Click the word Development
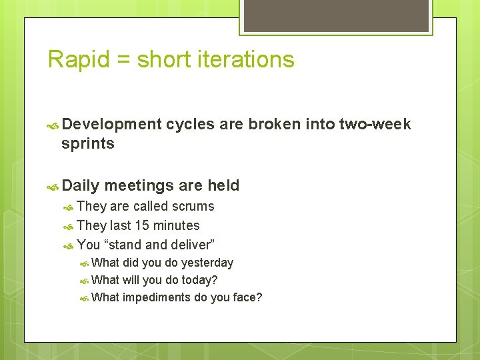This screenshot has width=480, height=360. [111, 124]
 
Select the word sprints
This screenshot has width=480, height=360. [87, 143]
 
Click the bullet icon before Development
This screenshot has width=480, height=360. [53, 125]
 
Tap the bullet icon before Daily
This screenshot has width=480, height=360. [53, 186]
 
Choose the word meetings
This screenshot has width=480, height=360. [137, 185]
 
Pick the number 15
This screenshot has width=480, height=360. [141, 225]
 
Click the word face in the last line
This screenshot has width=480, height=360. [245, 297]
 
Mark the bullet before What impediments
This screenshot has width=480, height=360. [84, 298]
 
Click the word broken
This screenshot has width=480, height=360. [275, 124]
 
